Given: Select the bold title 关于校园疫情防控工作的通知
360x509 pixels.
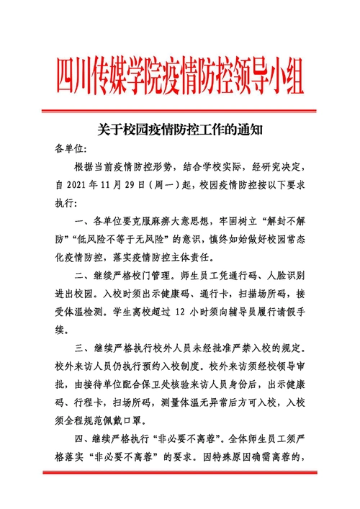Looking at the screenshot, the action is click(x=180, y=131).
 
